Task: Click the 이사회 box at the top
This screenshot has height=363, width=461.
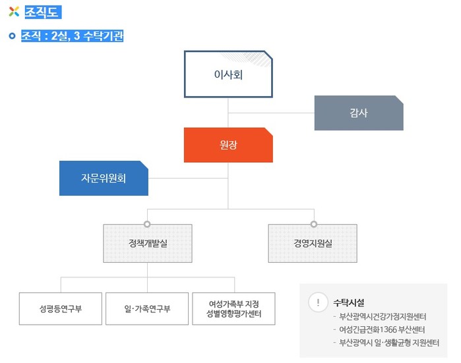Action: click(x=228, y=74)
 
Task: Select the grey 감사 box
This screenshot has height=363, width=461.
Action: click(x=358, y=113)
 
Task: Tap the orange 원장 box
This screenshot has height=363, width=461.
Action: click(x=228, y=145)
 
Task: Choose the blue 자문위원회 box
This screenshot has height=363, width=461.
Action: click(x=104, y=178)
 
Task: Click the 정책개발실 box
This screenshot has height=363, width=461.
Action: click(x=148, y=243)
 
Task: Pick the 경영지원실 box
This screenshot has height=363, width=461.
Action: click(x=313, y=243)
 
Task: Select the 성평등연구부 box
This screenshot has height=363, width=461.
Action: click(x=61, y=308)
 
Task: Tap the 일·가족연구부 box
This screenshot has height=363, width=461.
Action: click(x=147, y=308)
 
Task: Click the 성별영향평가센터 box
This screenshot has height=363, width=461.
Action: click(x=233, y=308)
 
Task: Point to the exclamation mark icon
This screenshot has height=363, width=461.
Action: click(x=318, y=302)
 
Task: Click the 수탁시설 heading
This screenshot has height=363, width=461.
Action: click(x=349, y=302)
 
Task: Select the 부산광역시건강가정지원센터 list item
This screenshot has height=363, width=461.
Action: click(x=383, y=317)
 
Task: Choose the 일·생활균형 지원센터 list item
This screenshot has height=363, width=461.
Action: click(x=388, y=343)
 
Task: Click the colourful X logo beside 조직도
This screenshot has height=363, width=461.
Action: click(x=15, y=11)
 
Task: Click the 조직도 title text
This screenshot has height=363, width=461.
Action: click(x=42, y=11)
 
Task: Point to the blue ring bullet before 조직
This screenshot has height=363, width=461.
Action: click(x=13, y=36)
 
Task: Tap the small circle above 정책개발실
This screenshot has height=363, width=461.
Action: click(x=148, y=223)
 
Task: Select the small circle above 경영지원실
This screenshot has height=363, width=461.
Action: click(x=314, y=223)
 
